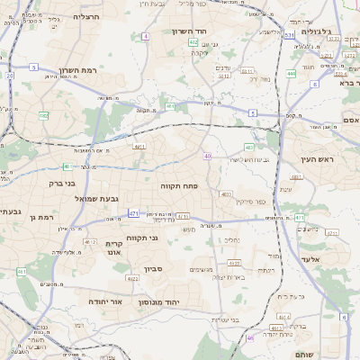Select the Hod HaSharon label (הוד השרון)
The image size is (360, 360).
pos(189,31)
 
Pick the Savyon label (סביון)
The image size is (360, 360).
pos(153,268)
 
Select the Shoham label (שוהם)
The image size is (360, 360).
pos(329,355)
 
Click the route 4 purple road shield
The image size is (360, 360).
pos(146,36)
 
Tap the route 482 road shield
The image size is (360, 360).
pos(43,115)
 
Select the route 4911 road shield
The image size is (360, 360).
pos(139,145)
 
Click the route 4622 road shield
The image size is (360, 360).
pos(132,279)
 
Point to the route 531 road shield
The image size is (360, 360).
pos(289,35)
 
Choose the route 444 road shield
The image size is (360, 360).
pos(292,74)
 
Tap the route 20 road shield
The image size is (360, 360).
pos(10,76)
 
